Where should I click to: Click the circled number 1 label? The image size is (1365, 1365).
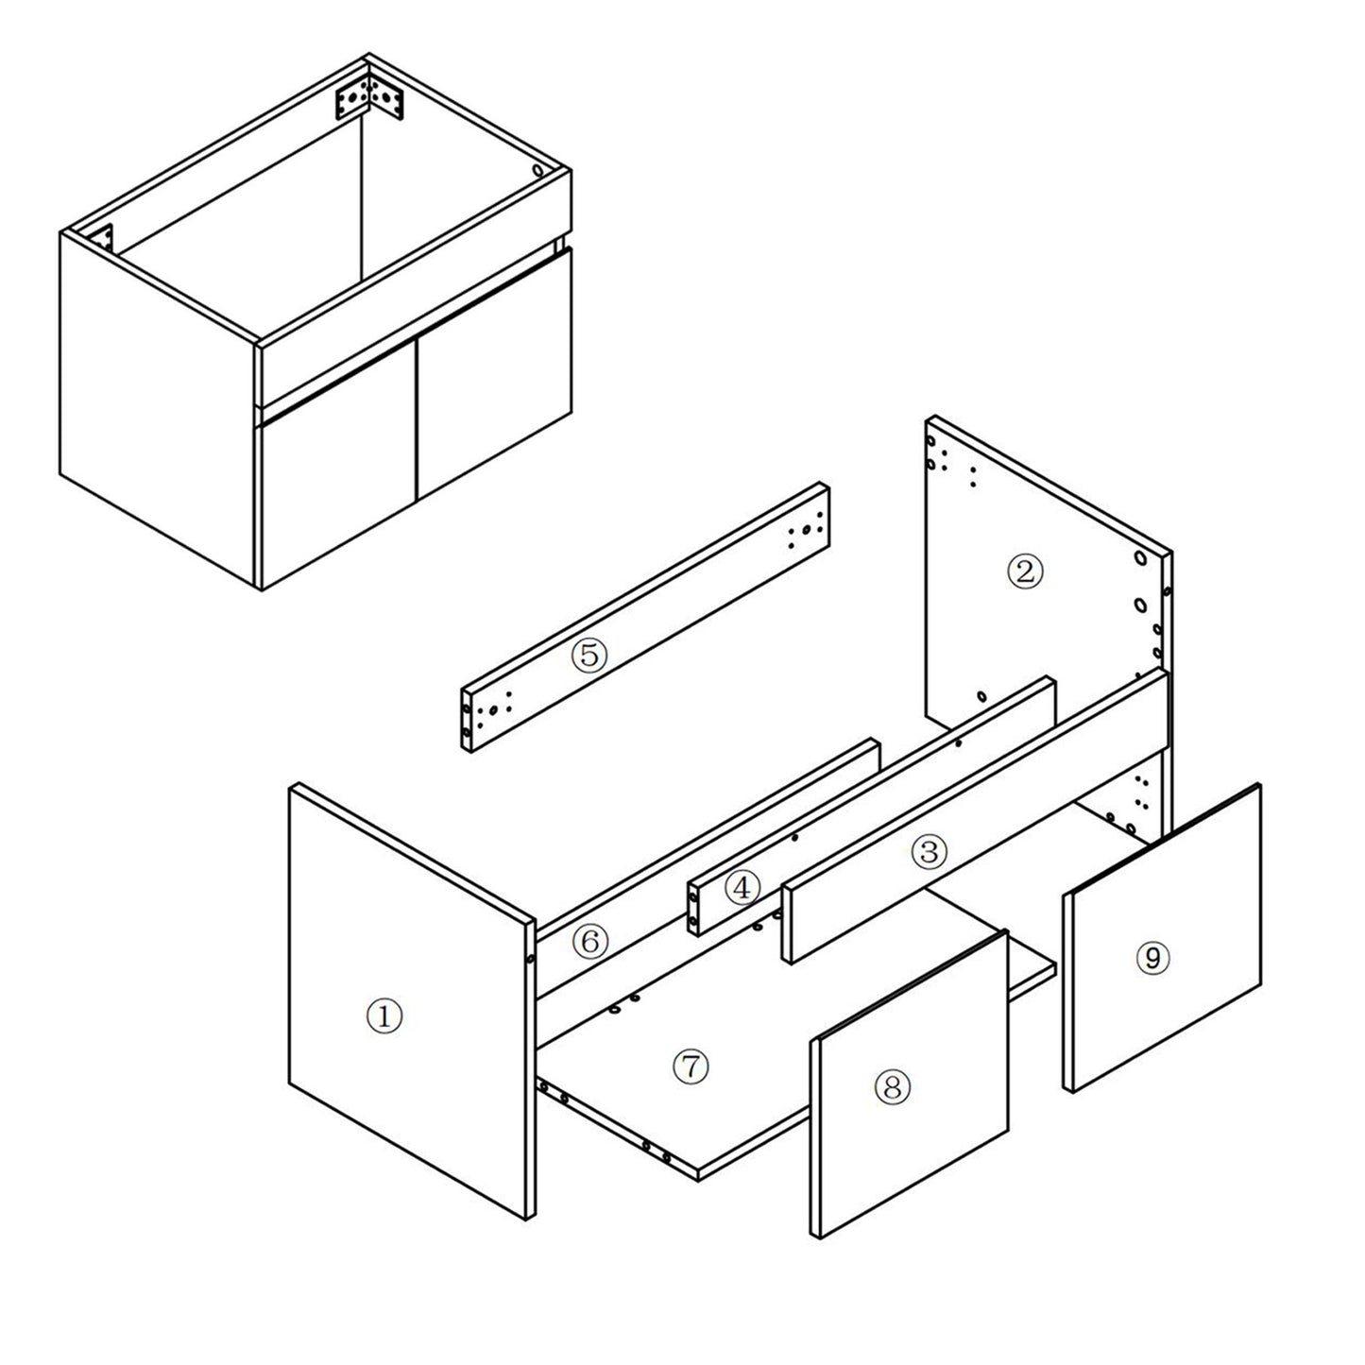click(384, 1016)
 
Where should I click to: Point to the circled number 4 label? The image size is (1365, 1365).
click(742, 887)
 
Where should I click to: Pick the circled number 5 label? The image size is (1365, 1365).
click(589, 656)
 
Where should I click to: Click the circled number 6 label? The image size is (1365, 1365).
click(590, 942)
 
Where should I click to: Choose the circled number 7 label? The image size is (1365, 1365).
click(691, 1066)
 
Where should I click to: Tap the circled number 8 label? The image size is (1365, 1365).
click(892, 1086)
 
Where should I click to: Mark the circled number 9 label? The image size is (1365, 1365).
click(1152, 958)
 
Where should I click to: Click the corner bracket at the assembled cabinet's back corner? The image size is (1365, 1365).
click(369, 97)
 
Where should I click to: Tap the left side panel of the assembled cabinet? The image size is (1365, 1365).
click(159, 411)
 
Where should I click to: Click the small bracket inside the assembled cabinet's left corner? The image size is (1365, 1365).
click(105, 236)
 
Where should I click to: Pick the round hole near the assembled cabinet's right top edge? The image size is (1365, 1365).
click(538, 171)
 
